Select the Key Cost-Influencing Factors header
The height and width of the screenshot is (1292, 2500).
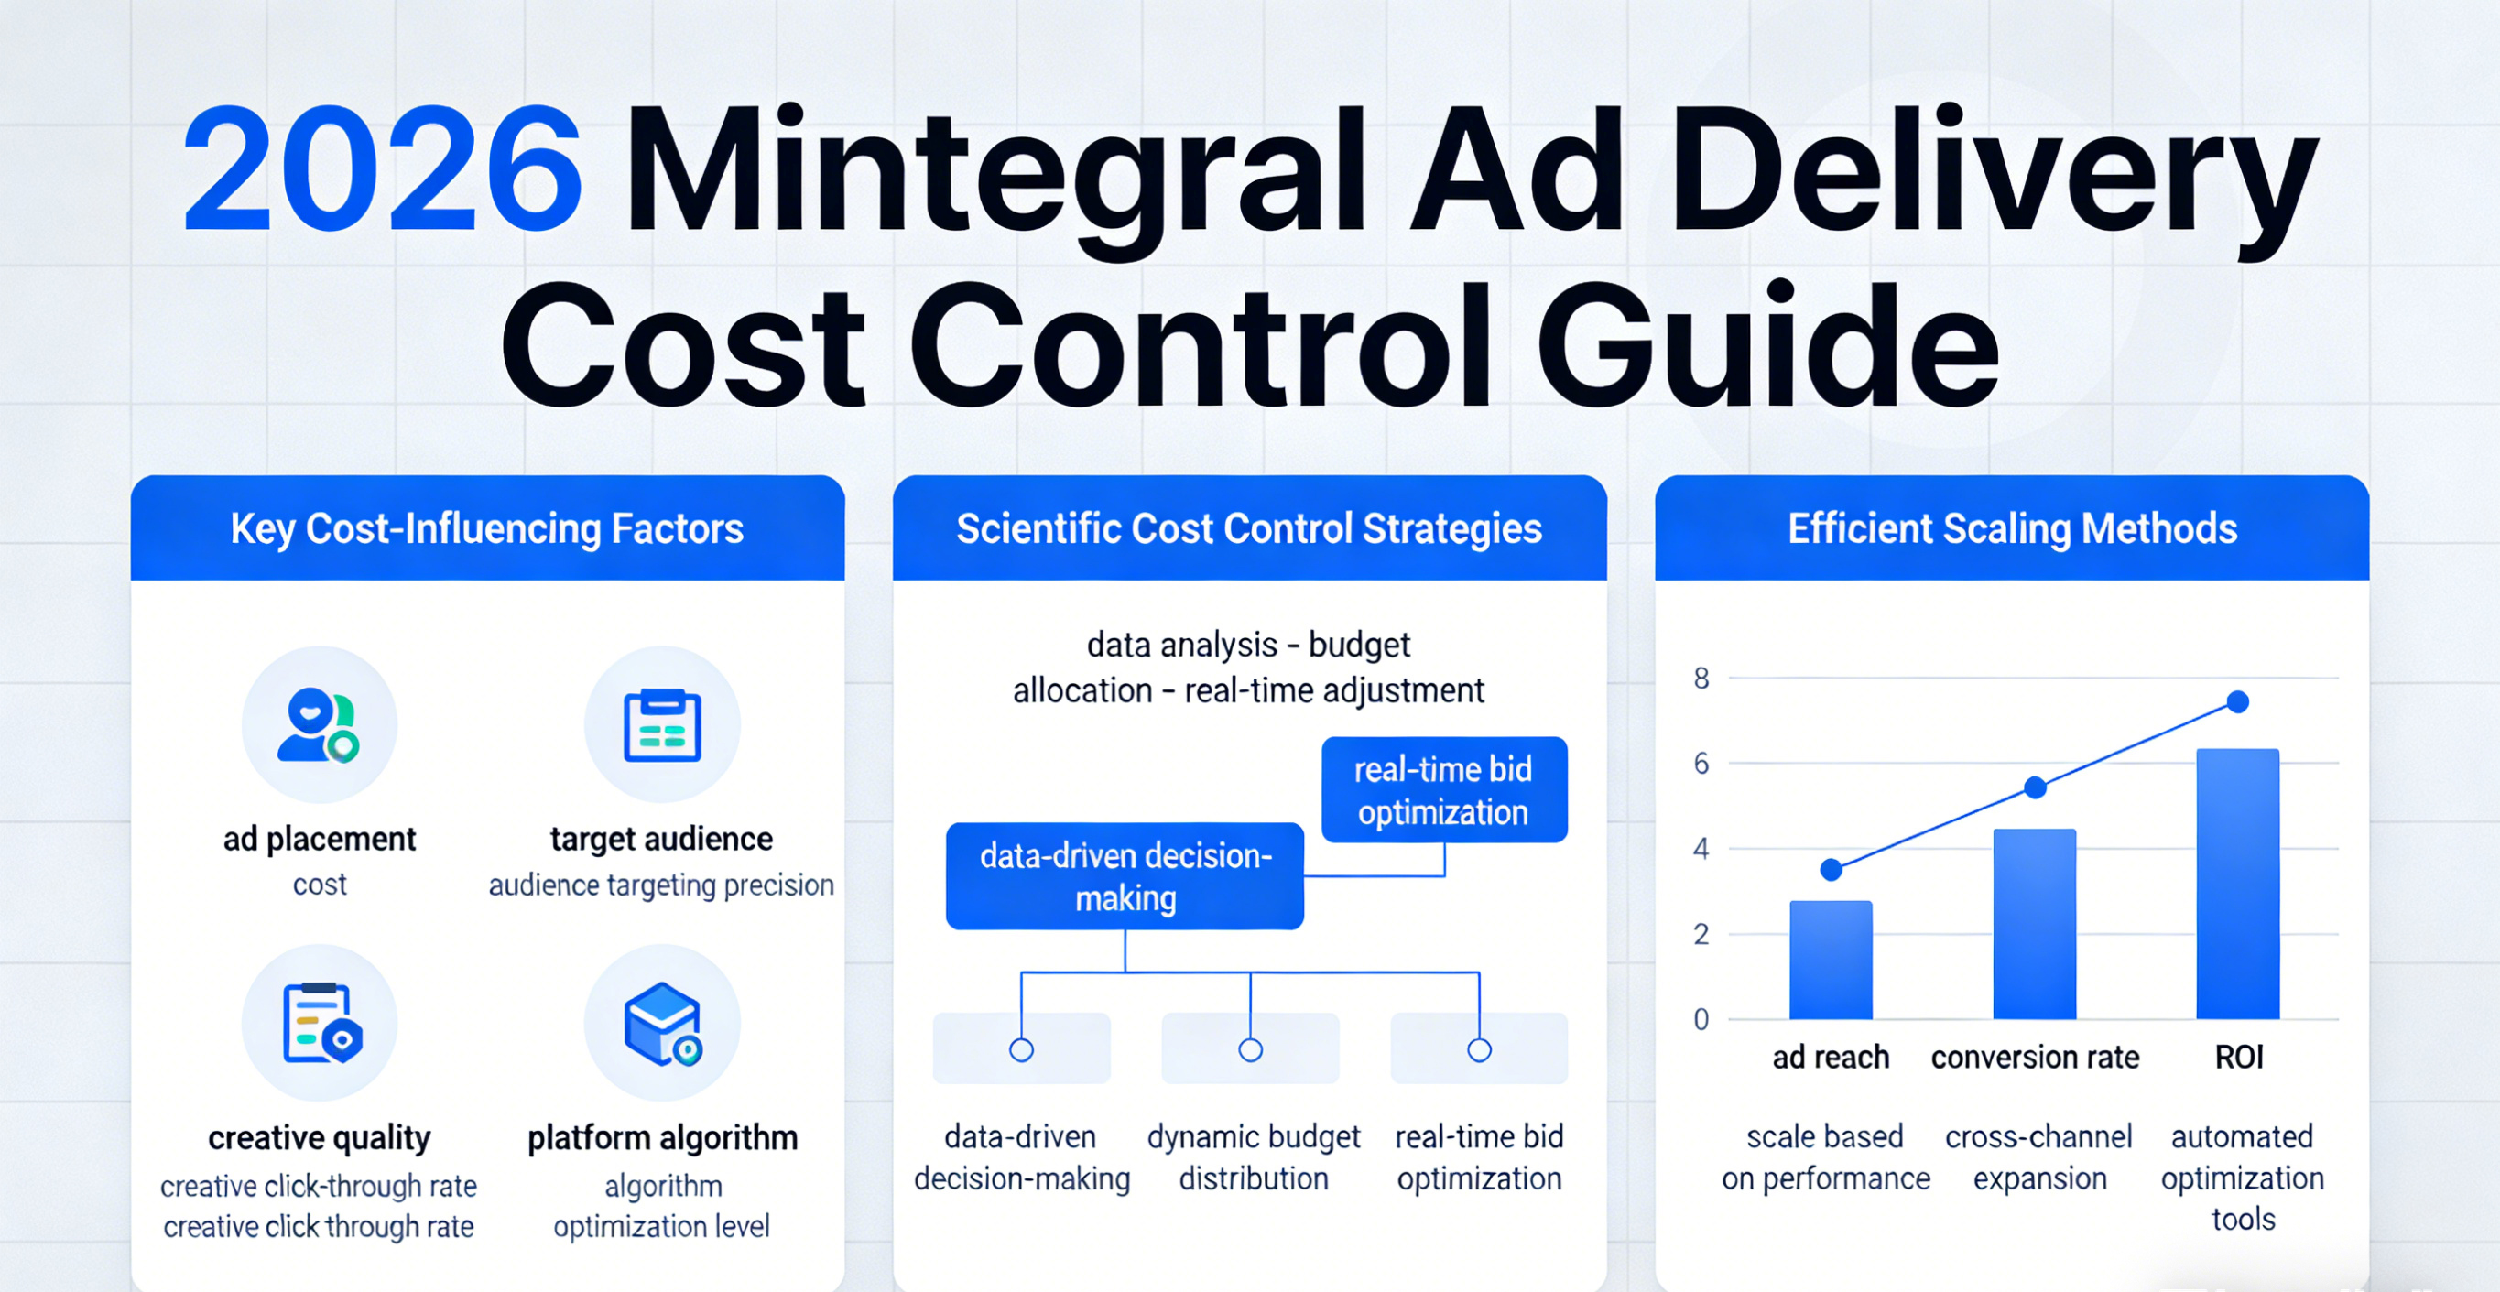coord(487,529)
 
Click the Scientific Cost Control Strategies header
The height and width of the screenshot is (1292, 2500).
coord(1249,529)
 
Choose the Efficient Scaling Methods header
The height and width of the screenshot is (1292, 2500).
coord(2013,529)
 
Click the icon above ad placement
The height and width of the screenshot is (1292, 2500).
coord(319,724)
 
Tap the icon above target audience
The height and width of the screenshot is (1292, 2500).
coord(662,724)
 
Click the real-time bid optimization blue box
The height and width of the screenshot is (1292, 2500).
coord(1444,790)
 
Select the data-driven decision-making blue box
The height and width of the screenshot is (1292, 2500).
coord(1125,876)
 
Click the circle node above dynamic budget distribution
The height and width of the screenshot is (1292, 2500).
coord(1250,1049)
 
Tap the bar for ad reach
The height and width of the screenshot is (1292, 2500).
coord(1831,960)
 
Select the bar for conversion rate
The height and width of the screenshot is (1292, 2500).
coord(2034,924)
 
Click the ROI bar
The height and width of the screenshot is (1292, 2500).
coord(2238,885)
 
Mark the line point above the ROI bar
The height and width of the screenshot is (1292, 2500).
coord(2238,701)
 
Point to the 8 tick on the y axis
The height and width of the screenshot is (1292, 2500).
coord(1701,678)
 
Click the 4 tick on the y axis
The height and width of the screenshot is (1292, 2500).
coord(1701,849)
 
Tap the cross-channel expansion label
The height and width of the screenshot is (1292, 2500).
coord(2039,1157)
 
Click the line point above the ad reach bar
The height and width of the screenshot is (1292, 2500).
coord(1832,869)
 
